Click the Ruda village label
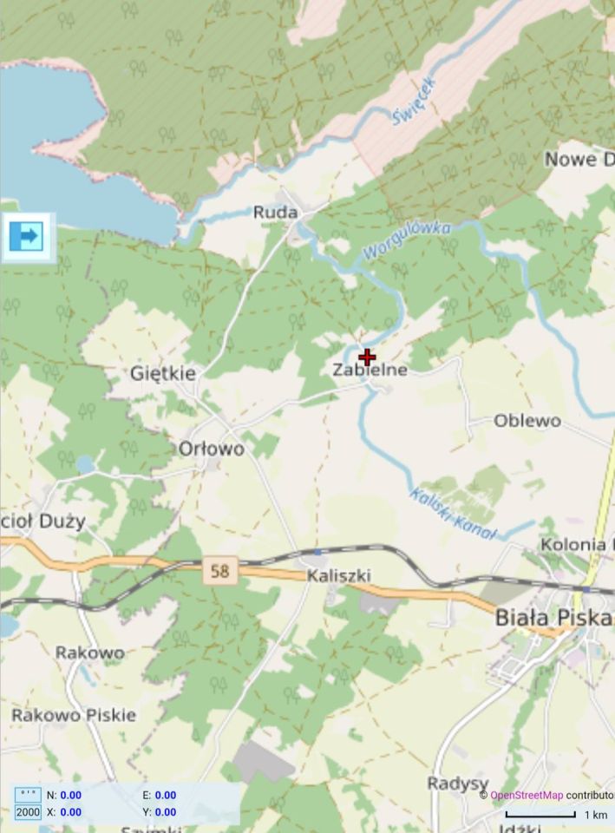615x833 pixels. pos(275,213)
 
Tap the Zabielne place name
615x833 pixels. pos(370,371)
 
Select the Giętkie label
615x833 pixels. pos(163,373)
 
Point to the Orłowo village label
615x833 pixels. pos(211,449)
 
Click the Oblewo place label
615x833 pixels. pos(527,421)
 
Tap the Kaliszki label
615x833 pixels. pos(339,575)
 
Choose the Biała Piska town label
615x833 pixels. pos(553,619)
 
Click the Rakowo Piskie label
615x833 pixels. pos(74,715)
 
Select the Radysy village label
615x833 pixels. pos(458,784)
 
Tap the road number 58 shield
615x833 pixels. pos(220,571)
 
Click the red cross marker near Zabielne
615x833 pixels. pos(367,357)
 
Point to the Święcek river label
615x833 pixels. pos(415,101)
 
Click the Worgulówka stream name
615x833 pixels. pos(408,239)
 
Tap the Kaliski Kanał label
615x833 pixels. pos(452,514)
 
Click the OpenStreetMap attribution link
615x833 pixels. pos(527,795)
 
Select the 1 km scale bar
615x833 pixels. pos(540,815)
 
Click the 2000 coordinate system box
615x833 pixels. pos(28,812)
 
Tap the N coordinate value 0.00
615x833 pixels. pos(70,795)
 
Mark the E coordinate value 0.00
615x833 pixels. pos(165,795)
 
